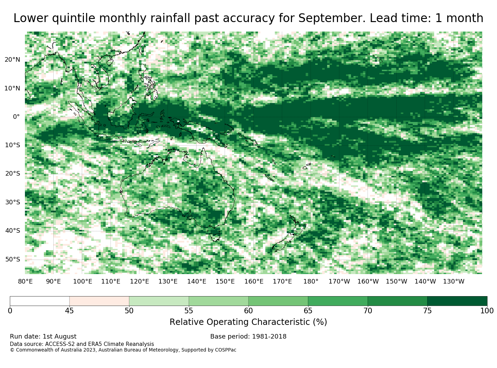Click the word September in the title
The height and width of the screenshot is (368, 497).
point(332,18)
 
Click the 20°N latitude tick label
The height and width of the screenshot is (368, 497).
point(12,60)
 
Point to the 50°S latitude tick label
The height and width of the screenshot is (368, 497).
point(13,259)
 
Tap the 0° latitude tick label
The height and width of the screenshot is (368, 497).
point(16,117)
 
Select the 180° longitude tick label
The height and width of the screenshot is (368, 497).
point(311,281)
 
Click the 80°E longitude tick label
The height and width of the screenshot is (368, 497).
point(25,281)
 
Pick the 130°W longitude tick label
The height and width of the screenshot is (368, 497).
point(453,281)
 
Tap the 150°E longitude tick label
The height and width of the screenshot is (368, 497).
point(225,281)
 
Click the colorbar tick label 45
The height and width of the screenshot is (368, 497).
point(69,311)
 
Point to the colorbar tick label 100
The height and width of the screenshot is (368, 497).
point(487,311)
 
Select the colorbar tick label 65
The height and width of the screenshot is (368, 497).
point(308,311)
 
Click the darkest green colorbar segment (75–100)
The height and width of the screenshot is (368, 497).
point(457,301)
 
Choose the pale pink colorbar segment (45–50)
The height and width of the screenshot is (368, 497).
point(99,301)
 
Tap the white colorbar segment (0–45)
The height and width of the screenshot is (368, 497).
point(40,301)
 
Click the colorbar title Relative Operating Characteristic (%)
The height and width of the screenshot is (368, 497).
point(248,322)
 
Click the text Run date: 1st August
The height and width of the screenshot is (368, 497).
point(43,336)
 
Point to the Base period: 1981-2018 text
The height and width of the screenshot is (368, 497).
point(248,336)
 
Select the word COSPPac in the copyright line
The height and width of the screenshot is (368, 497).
point(225,350)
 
